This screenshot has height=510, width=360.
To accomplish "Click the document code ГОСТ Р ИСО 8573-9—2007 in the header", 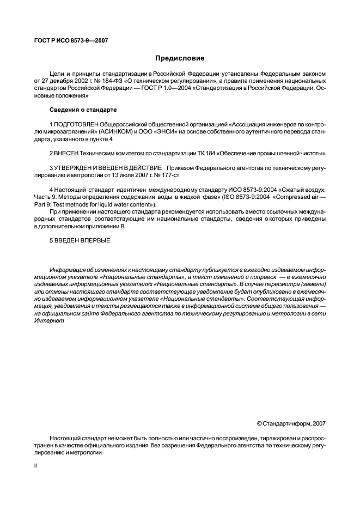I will point(68,41).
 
